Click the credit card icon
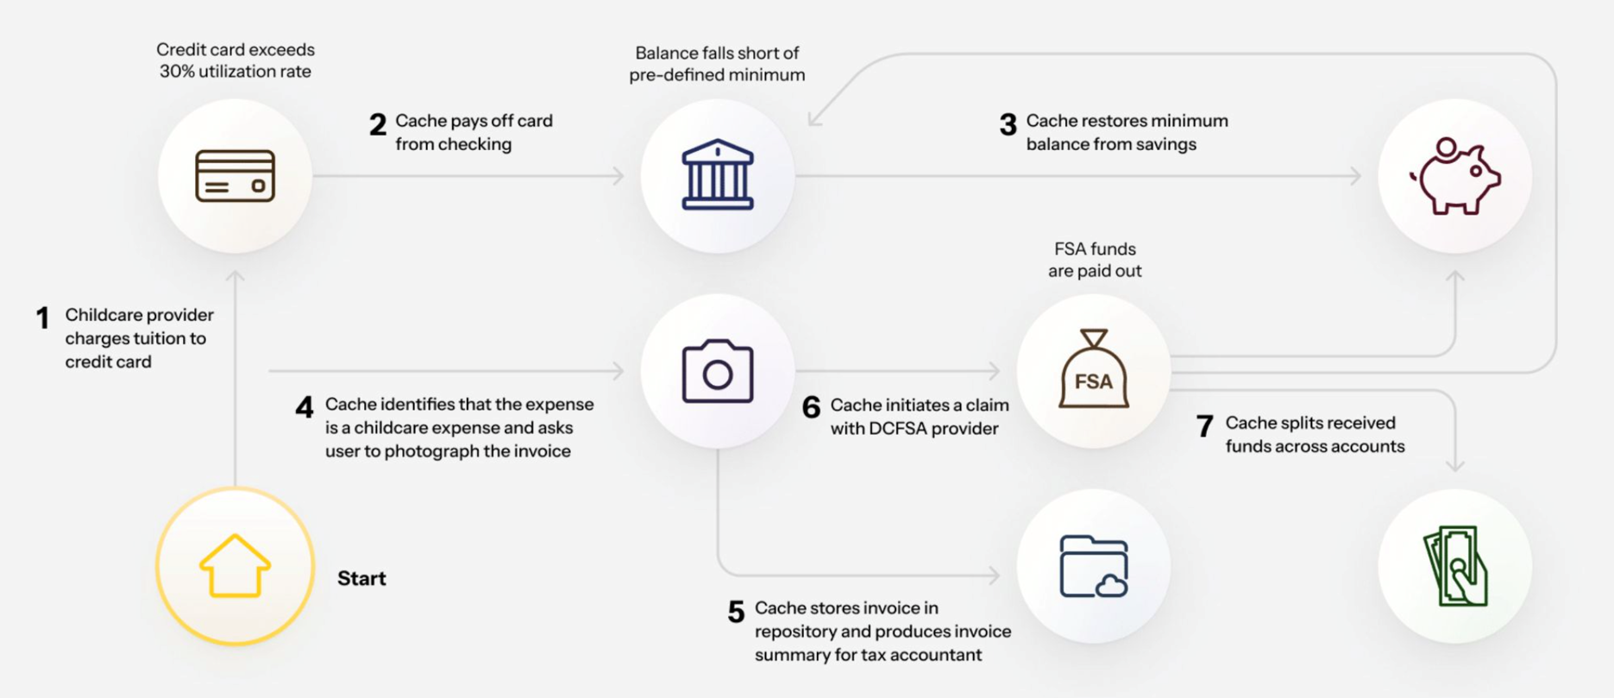tap(235, 176)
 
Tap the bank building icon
tap(717, 175)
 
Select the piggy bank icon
tap(1455, 176)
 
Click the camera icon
tap(717, 371)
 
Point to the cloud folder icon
tap(1093, 566)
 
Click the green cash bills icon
tap(1455, 566)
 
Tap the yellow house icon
tap(235, 566)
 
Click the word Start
tap(361, 578)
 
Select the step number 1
tap(42, 318)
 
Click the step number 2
tap(377, 125)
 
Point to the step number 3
tap(1008, 125)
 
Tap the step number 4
tap(304, 407)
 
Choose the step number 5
tap(735, 612)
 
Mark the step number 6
tap(811, 407)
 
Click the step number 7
tap(1204, 426)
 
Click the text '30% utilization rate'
tap(236, 72)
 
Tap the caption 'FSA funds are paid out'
tap(1095, 260)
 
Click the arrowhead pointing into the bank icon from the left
tap(619, 176)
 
